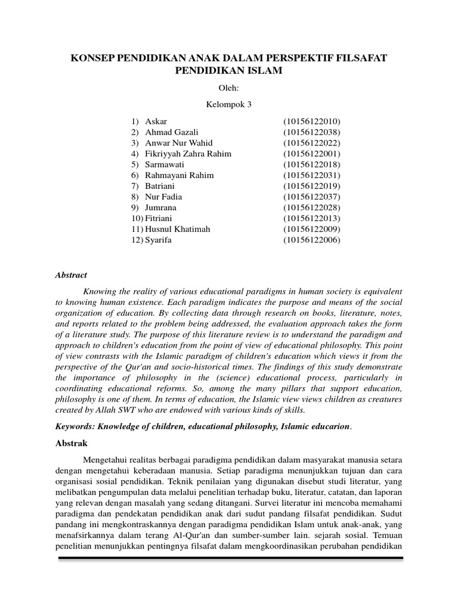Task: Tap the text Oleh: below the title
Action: pyautogui.click(x=229, y=89)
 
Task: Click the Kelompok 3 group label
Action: pyautogui.click(x=229, y=105)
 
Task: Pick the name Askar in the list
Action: pyautogui.click(x=156, y=122)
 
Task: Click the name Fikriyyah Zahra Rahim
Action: pyautogui.click(x=188, y=154)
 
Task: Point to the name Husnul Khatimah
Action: pyautogui.click(x=177, y=229)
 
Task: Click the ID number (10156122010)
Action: pyautogui.click(x=312, y=122)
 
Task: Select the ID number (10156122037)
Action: pyautogui.click(x=312, y=197)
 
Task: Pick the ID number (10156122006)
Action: pyautogui.click(x=312, y=239)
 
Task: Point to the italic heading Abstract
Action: pyautogui.click(x=72, y=275)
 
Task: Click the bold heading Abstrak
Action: pyautogui.click(x=72, y=443)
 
